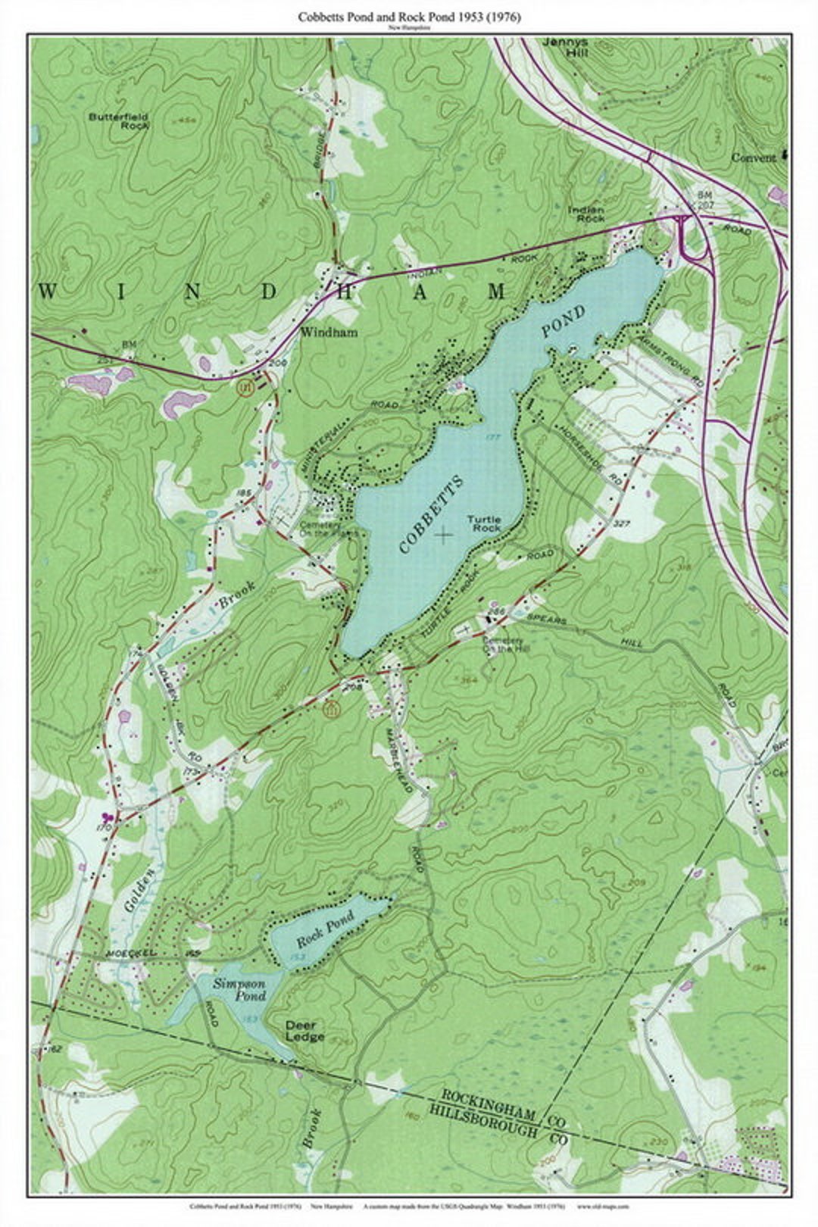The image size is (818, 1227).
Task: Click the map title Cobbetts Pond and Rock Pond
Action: [409, 17]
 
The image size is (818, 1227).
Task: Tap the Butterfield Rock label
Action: [118, 121]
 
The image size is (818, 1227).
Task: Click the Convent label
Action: [753, 158]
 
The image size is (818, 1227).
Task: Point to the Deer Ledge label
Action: [304, 1031]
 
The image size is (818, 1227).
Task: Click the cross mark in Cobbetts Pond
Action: [444, 535]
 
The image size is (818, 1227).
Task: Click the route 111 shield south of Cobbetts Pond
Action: [330, 710]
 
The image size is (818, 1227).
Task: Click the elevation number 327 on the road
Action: [623, 523]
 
